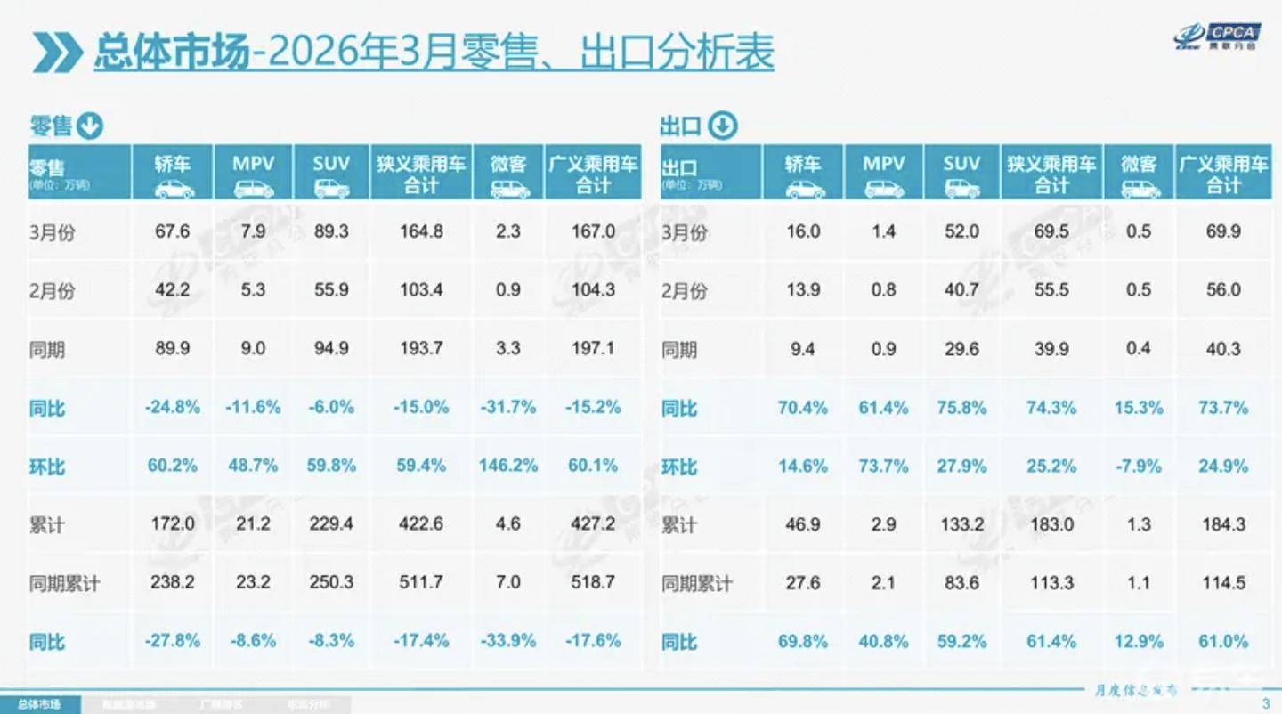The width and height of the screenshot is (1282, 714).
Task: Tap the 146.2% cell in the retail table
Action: [x=508, y=466]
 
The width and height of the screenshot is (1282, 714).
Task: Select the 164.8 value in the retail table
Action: [x=420, y=231]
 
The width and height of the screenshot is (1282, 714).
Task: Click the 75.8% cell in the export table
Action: [x=962, y=408]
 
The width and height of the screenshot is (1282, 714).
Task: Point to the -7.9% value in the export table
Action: [x=1139, y=466]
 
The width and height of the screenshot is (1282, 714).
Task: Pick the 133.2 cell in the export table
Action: [x=962, y=523]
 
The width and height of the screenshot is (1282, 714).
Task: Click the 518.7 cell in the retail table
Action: [x=593, y=583]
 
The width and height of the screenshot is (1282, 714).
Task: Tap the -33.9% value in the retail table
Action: [x=508, y=641]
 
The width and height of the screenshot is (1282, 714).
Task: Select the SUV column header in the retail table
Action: [x=331, y=173]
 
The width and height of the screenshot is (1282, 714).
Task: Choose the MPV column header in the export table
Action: [x=883, y=173]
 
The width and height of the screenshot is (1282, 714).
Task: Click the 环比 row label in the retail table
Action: [x=48, y=467]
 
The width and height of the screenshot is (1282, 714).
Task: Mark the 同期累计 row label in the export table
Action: [x=697, y=584]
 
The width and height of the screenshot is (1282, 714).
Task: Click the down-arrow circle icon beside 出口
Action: [x=723, y=126]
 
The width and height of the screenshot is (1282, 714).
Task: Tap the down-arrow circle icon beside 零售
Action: [x=90, y=126]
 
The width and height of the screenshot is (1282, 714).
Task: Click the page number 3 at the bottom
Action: [x=1266, y=704]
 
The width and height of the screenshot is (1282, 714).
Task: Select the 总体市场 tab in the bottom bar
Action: [x=39, y=705]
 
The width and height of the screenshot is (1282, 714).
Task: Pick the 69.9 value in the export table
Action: [x=1223, y=231]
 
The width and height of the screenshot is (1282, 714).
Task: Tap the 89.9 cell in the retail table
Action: [x=173, y=348]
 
